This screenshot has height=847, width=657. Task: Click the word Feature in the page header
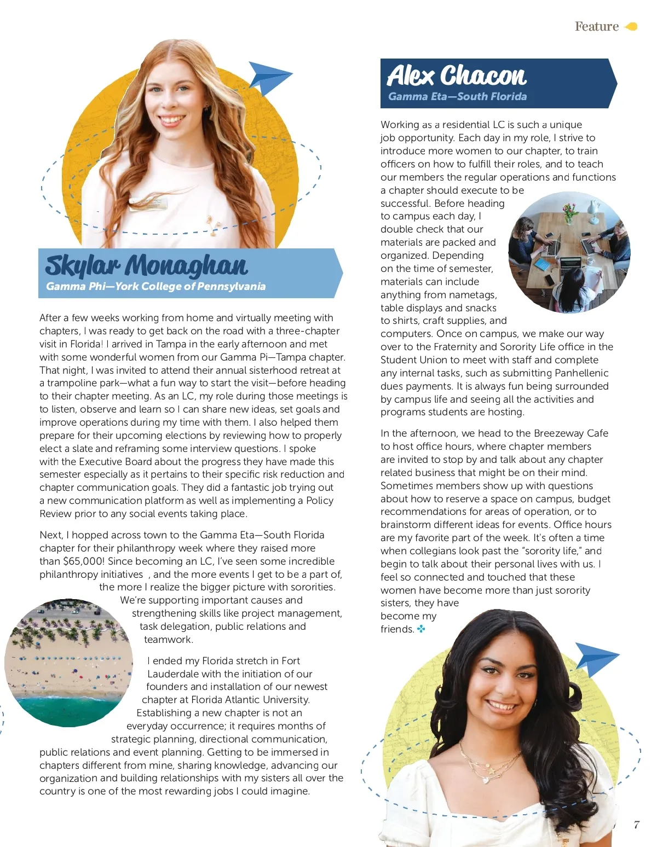click(596, 26)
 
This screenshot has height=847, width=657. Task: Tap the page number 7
click(636, 825)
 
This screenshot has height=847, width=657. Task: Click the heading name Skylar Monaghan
click(146, 265)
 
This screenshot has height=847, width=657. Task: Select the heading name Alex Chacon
click(456, 76)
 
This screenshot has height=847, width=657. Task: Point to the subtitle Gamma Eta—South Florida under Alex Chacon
click(457, 97)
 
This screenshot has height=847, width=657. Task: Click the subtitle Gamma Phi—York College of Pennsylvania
click(155, 286)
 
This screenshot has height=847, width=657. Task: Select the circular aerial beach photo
click(68, 663)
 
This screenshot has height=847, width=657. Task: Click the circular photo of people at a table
click(569, 253)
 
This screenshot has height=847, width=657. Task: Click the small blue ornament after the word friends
click(421, 629)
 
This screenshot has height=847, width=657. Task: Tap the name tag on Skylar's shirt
click(148, 203)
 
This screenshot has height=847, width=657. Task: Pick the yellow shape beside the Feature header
click(631, 26)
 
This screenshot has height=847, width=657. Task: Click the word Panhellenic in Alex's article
click(581, 373)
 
